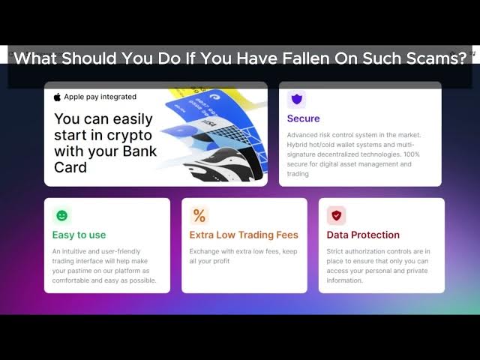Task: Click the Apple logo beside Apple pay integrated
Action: pyautogui.click(x=57, y=97)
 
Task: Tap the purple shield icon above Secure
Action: pyautogui.click(x=297, y=100)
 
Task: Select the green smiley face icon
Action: pyautogui.click(x=61, y=215)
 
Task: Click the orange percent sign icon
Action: pyautogui.click(x=199, y=215)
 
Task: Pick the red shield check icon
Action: pyautogui.click(x=337, y=215)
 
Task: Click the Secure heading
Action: pyautogui.click(x=303, y=118)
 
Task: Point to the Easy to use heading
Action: pyautogui.click(x=79, y=235)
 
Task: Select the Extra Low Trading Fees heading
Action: pyautogui.click(x=244, y=235)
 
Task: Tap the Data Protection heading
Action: pyautogui.click(x=363, y=235)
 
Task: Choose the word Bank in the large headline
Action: pyautogui.click(x=140, y=151)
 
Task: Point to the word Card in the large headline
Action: pyautogui.click(x=70, y=167)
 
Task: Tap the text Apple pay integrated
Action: pyautogui.click(x=100, y=97)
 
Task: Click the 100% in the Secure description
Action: pyautogui.click(x=412, y=154)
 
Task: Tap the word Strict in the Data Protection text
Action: pyautogui.click(x=334, y=251)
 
